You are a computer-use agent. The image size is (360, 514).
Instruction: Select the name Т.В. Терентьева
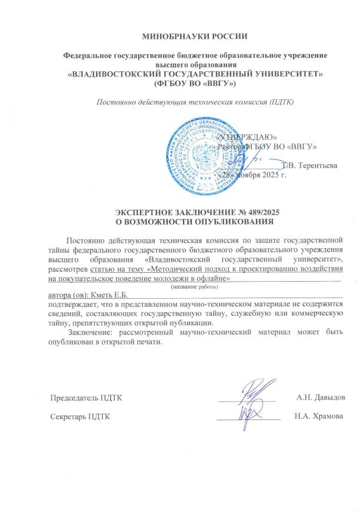[310, 165]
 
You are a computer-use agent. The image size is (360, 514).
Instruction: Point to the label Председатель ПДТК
[86, 398]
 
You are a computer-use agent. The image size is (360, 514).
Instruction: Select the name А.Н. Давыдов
[321, 398]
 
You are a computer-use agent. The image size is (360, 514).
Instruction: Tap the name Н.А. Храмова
[319, 416]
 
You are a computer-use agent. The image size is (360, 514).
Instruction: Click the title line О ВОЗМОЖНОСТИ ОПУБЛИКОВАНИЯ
[195, 222]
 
